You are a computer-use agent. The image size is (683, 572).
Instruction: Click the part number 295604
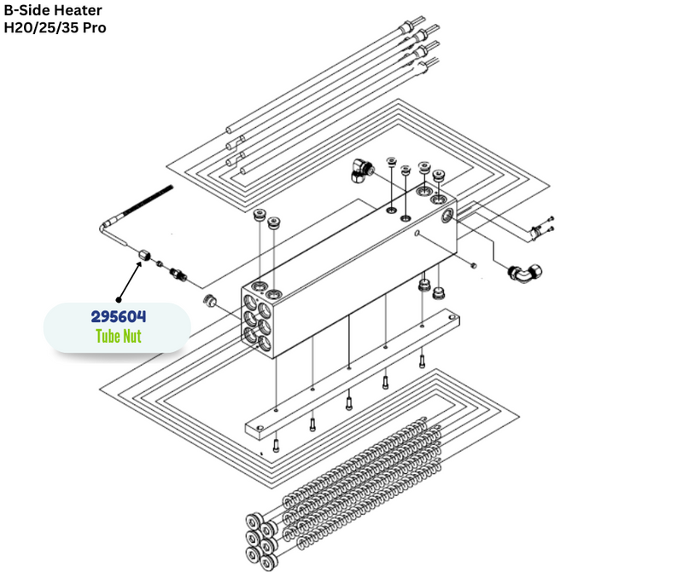point(119,316)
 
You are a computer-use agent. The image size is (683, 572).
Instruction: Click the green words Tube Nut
point(119,336)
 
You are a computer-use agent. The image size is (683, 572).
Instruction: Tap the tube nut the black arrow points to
point(145,254)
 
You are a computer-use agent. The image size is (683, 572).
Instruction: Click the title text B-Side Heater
point(53,10)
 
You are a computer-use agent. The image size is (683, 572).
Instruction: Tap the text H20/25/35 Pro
point(55,27)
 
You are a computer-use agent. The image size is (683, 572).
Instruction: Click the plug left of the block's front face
point(207,300)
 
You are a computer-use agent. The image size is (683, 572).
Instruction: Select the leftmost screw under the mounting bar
point(277,444)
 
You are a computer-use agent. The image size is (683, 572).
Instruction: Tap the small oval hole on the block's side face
point(417,232)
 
